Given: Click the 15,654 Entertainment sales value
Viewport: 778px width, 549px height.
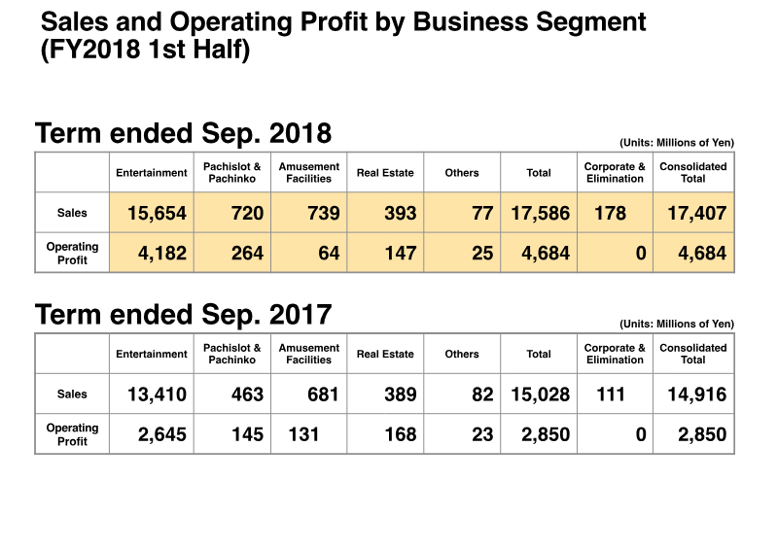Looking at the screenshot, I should tap(157, 213).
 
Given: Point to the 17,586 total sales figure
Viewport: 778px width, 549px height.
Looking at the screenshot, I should tap(540, 213).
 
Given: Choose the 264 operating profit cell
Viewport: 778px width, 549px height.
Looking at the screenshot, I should tap(247, 254).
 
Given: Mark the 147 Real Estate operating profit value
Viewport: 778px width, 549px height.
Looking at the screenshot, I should tap(399, 254).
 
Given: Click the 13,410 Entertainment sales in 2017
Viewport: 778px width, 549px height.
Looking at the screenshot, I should tap(157, 395).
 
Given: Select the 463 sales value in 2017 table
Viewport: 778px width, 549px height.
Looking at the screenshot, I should tap(247, 395).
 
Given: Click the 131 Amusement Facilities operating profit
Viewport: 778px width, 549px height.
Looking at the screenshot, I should tap(304, 434).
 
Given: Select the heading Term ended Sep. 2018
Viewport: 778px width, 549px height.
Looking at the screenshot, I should tap(183, 133).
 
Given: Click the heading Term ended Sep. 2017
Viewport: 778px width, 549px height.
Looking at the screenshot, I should tap(183, 315).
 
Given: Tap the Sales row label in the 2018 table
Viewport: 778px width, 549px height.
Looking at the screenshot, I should tap(72, 213).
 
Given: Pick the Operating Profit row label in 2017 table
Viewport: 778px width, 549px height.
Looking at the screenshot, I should tap(72, 434).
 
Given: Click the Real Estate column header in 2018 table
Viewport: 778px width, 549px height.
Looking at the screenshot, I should tap(385, 173).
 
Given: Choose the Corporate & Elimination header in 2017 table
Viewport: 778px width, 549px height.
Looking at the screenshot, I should tap(615, 354).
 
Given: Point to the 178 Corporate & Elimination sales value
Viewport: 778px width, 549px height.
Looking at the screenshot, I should tap(610, 213).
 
